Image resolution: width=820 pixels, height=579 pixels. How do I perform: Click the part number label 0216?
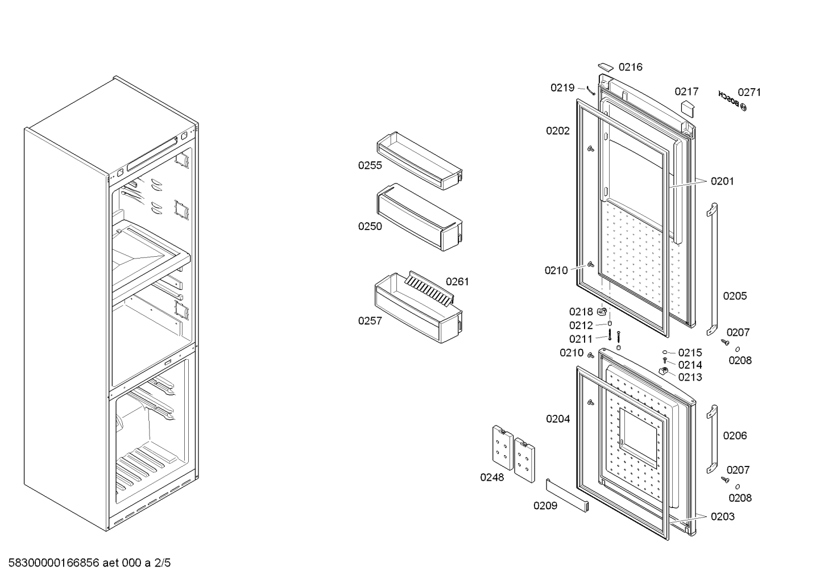click(631, 67)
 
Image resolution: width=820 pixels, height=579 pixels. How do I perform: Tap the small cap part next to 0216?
click(605, 66)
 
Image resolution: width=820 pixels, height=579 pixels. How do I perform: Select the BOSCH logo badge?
click(732, 101)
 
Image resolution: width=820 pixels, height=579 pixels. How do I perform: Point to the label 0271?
click(749, 92)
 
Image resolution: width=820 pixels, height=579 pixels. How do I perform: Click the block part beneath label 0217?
click(687, 109)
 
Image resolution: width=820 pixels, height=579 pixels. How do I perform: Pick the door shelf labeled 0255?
click(420, 161)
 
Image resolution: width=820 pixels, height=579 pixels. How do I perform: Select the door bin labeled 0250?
click(420, 217)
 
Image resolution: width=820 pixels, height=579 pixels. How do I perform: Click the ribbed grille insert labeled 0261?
click(429, 289)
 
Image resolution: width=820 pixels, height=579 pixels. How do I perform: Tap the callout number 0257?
click(370, 321)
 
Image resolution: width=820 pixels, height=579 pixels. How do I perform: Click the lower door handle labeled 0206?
click(712, 439)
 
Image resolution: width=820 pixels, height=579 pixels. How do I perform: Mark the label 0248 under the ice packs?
click(492, 477)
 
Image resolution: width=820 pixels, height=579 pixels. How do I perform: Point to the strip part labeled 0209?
click(568, 495)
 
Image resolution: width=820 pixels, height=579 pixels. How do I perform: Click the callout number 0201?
click(722, 181)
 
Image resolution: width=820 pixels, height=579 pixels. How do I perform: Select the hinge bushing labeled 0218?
click(602, 311)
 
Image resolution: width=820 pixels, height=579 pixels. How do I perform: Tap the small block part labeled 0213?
click(664, 371)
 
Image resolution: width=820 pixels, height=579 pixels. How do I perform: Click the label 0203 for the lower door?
click(723, 516)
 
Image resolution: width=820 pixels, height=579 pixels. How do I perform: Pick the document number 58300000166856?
click(53, 563)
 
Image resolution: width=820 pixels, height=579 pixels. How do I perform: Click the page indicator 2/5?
click(162, 563)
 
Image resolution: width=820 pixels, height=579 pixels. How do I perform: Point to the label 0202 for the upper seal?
click(558, 131)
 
